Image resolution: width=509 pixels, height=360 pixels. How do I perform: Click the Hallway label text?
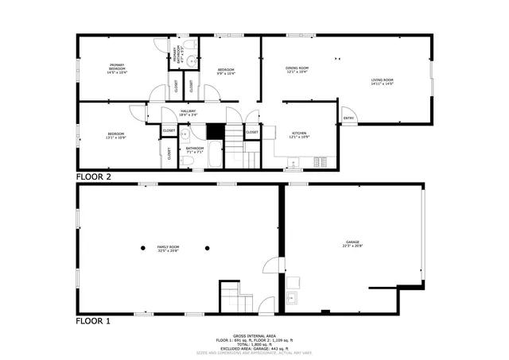point(188,112)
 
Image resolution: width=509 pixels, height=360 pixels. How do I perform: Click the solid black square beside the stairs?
point(216,131)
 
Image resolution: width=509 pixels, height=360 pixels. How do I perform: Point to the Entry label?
point(348,118)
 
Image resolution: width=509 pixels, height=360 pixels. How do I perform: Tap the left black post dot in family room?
point(142,247)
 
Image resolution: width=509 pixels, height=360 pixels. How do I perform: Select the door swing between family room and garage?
point(272,270)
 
